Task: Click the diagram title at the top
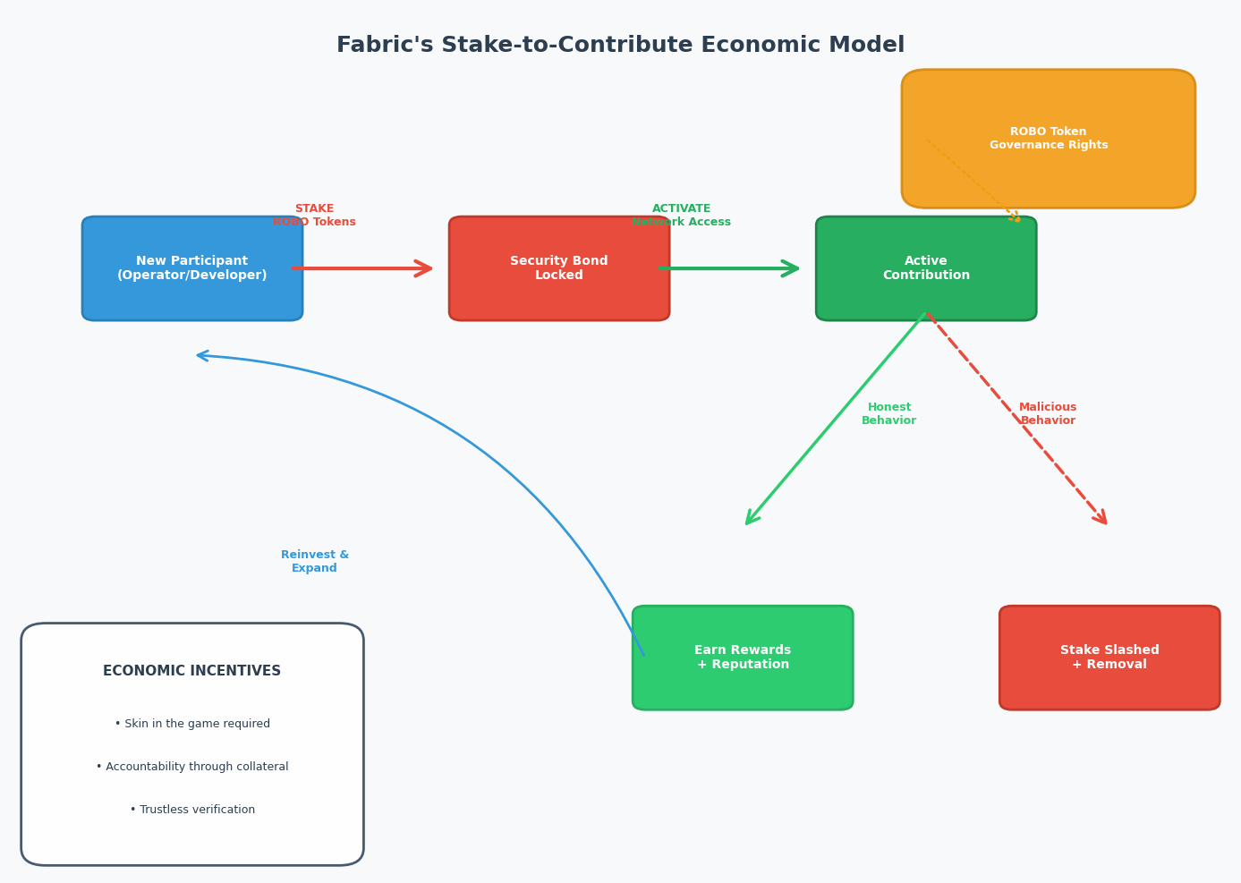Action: tap(620, 46)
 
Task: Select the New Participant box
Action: tap(192, 268)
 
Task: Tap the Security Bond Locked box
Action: tap(559, 268)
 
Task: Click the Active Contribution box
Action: tap(926, 268)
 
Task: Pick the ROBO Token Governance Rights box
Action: tap(1048, 139)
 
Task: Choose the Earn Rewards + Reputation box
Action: tap(743, 658)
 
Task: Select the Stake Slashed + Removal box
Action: tap(1109, 658)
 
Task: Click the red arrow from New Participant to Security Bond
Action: tap(362, 268)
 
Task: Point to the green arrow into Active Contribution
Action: tap(729, 268)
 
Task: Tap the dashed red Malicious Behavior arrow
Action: tap(1017, 419)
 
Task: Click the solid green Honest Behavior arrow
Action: tap(835, 419)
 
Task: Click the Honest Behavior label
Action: tap(888, 414)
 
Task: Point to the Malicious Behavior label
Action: tap(1048, 414)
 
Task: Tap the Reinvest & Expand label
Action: tap(315, 562)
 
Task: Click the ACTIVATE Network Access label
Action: tap(682, 216)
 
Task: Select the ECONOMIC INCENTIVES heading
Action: tap(192, 671)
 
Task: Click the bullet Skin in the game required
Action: tap(192, 724)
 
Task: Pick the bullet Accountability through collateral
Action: tap(192, 767)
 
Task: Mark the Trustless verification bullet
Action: tap(192, 810)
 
